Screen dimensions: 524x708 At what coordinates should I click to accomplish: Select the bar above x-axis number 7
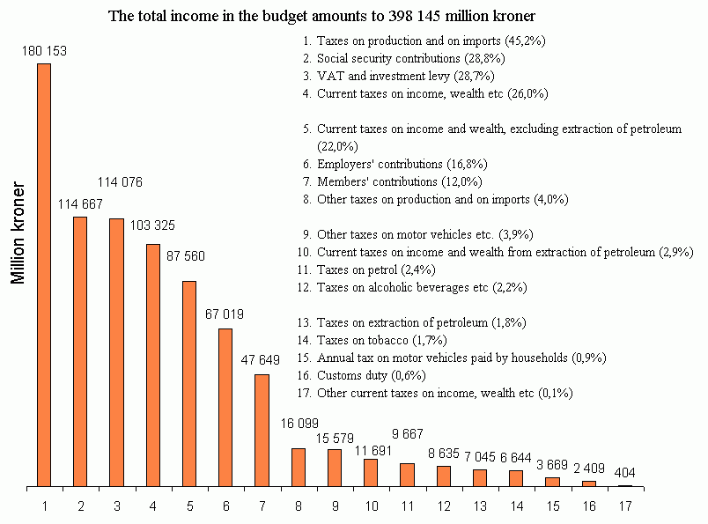pos(262,430)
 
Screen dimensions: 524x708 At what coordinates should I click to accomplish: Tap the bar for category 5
pos(189,383)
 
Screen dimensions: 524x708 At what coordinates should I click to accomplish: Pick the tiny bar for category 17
pos(625,485)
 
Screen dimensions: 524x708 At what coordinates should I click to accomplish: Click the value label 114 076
pos(119,182)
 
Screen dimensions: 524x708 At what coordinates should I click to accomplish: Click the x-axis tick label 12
pos(444,506)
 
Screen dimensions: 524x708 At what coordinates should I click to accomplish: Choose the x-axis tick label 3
pos(117,506)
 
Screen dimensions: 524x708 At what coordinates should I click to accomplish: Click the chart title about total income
pos(321,17)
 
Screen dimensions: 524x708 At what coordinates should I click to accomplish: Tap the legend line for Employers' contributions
pos(402,164)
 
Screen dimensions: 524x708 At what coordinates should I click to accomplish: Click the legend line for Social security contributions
pos(410,58)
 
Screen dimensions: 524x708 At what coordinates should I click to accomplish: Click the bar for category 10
pos(371,473)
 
